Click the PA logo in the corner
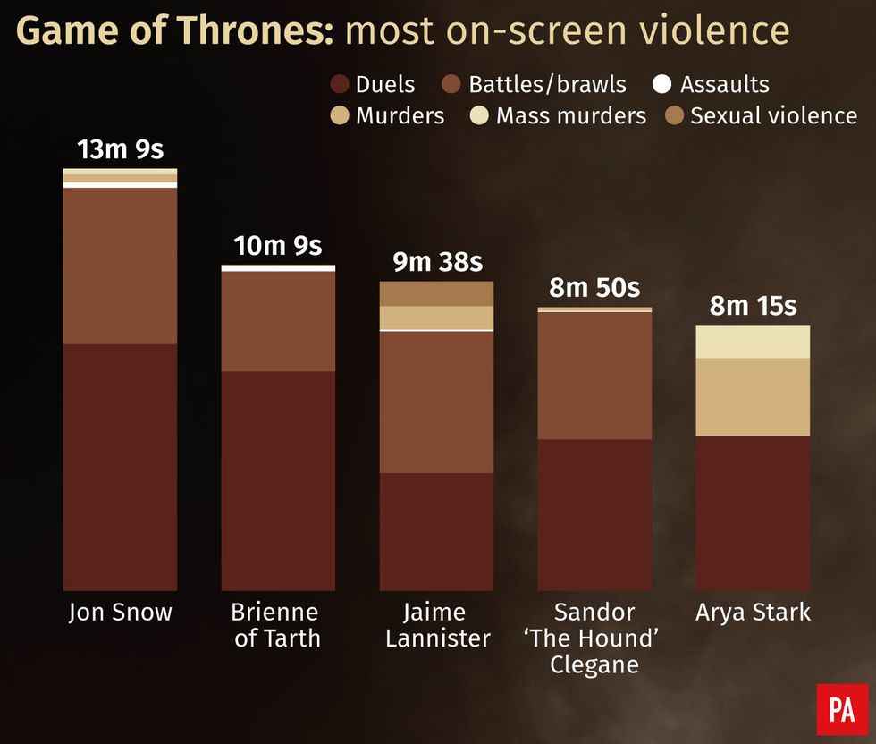pyautogui.click(x=841, y=709)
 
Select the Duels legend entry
pyautogui.click(x=373, y=85)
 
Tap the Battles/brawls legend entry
pyautogui.click(x=535, y=85)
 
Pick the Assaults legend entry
pyautogui.click(x=712, y=85)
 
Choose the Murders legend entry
pyautogui.click(x=388, y=115)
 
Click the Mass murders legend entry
pyautogui.click(x=559, y=115)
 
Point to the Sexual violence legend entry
pyautogui.click(x=762, y=115)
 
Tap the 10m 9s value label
pyautogui.click(x=278, y=246)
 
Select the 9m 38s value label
pyautogui.click(x=437, y=262)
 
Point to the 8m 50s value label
pyautogui.click(x=594, y=288)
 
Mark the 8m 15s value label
pyautogui.click(x=753, y=306)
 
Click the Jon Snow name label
pyautogui.click(x=120, y=613)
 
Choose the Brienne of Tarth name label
pyautogui.click(x=275, y=625)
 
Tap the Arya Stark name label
pyautogui.click(x=753, y=613)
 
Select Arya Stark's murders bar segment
pyautogui.click(x=753, y=396)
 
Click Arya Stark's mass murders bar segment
pyautogui.click(x=753, y=342)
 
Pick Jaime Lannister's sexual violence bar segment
pyautogui.click(x=436, y=293)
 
